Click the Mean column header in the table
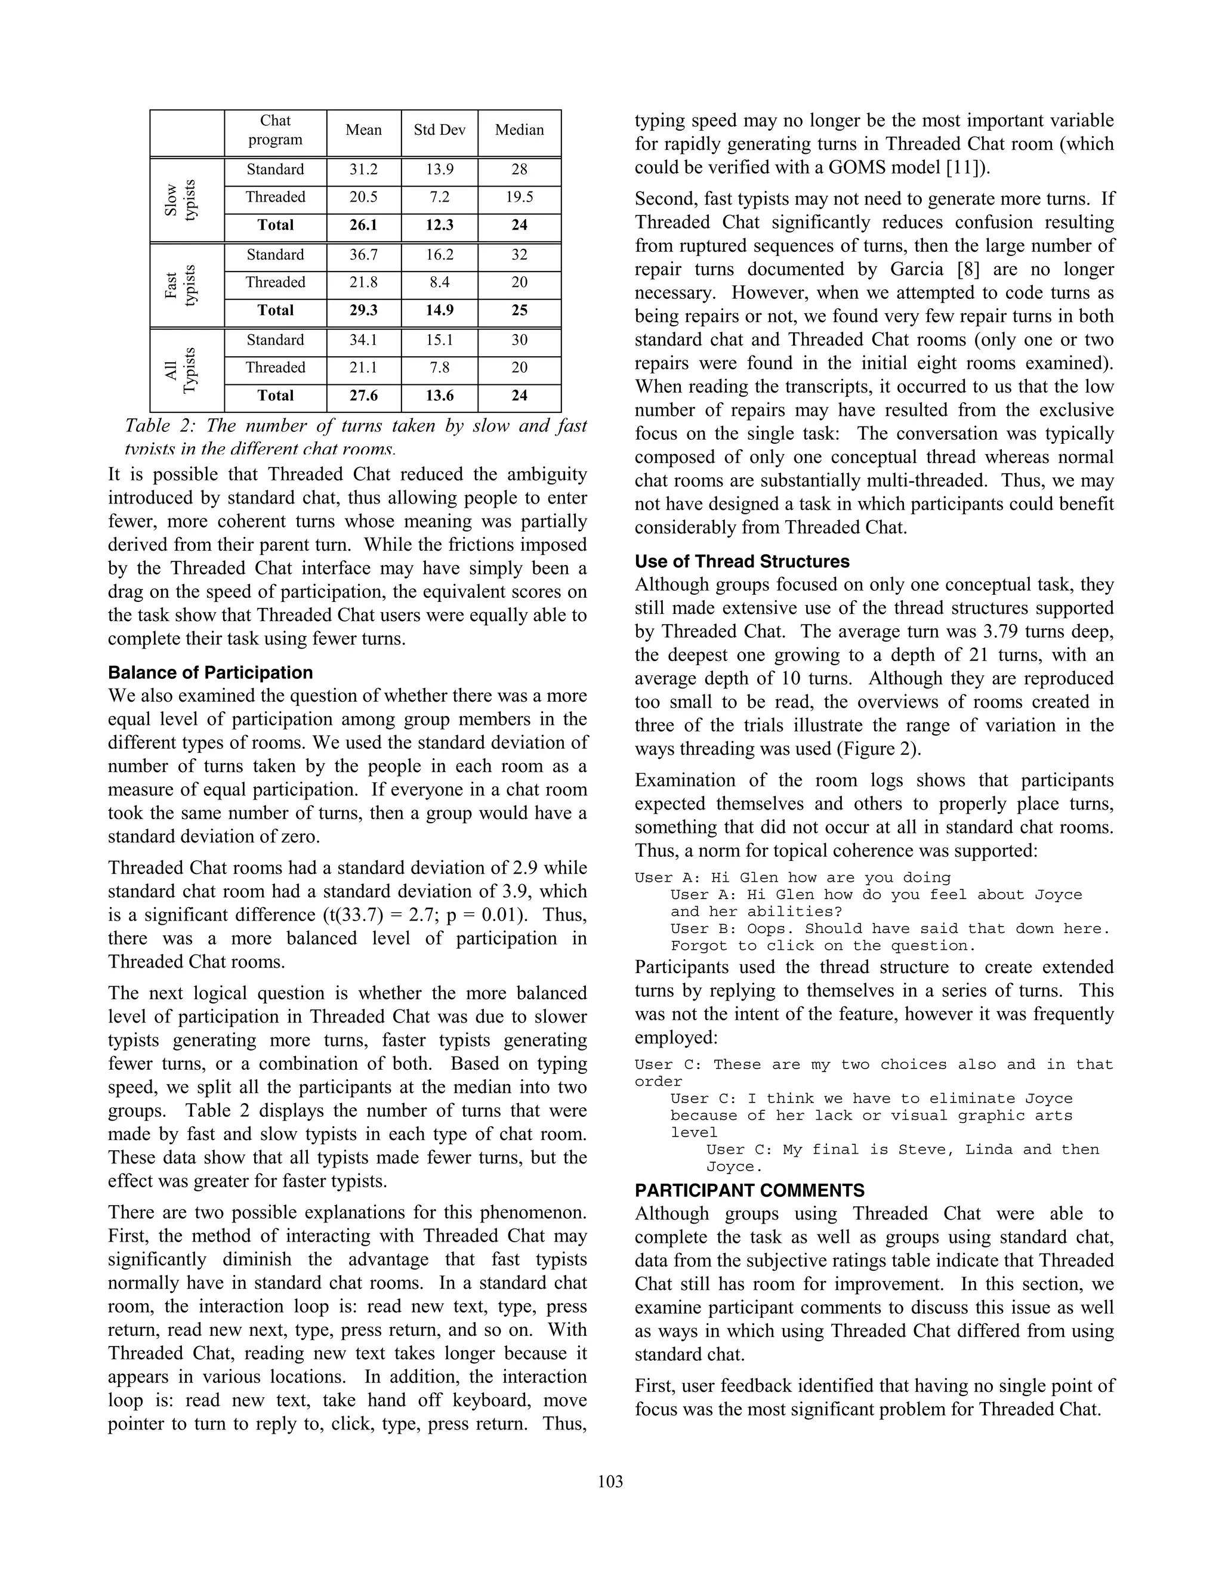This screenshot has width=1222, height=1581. click(x=363, y=130)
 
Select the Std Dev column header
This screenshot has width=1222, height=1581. click(x=439, y=130)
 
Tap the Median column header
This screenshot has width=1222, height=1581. click(x=519, y=130)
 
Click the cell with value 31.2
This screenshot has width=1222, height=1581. click(x=363, y=170)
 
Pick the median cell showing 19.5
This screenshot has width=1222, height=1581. click(x=519, y=197)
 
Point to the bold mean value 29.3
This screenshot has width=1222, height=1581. click(x=363, y=311)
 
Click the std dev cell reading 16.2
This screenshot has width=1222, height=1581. click(x=439, y=255)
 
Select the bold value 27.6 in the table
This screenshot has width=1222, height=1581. click(x=363, y=396)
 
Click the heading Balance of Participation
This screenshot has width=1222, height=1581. click(x=210, y=672)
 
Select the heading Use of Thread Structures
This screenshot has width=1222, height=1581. click(x=742, y=562)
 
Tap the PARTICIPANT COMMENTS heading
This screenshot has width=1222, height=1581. click(x=749, y=1191)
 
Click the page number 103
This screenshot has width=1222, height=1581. click(x=610, y=1481)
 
